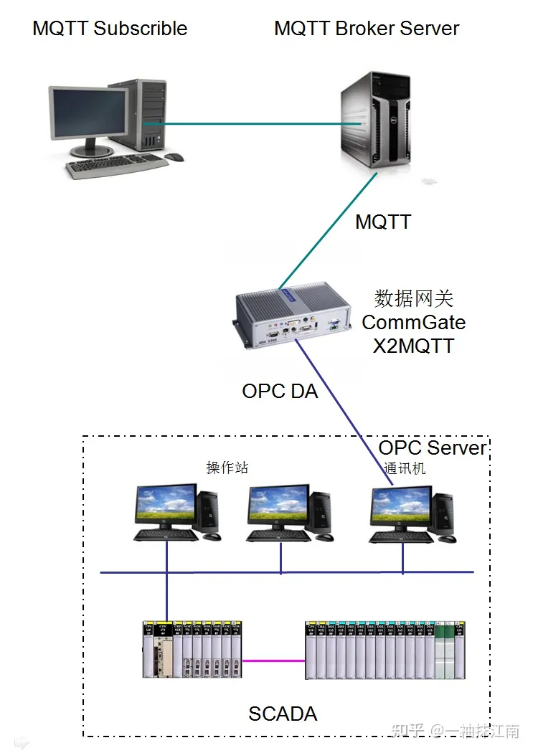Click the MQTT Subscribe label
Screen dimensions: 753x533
[x=110, y=29]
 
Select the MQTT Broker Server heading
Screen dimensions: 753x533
[x=367, y=29]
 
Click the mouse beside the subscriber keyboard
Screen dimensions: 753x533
[x=174, y=157]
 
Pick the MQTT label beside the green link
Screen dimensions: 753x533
[x=383, y=222]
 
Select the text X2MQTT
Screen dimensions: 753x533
[x=413, y=346]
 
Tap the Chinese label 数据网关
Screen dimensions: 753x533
[x=413, y=298]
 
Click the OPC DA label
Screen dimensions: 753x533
[x=280, y=392]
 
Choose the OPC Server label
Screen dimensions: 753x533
[x=432, y=447]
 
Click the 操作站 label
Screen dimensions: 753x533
[x=227, y=468]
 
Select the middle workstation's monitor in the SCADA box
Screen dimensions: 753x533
[x=278, y=505]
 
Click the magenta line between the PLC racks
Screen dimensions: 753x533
[x=274, y=660]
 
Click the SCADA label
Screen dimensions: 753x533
[x=283, y=714]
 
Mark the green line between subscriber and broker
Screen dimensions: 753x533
[x=251, y=124]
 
